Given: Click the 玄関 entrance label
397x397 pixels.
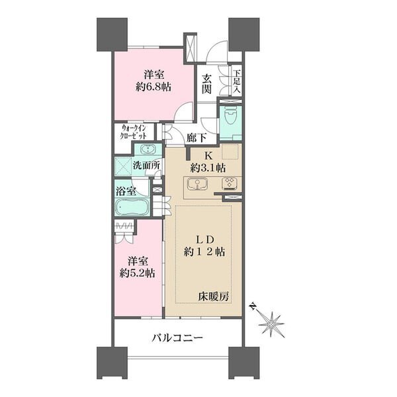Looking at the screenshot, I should point(207,83).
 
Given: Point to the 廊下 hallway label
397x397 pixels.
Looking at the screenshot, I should point(196,138).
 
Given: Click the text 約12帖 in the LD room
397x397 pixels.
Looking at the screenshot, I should point(204,252).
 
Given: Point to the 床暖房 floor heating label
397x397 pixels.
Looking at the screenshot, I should point(215,298).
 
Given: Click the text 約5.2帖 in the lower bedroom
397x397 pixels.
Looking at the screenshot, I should point(138,272).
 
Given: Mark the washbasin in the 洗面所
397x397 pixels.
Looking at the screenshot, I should point(147,148).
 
